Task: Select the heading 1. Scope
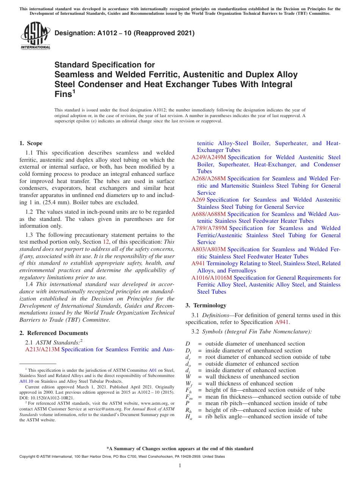31,143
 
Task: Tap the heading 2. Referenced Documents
53,333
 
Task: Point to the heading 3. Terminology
206,305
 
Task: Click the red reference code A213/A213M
42,349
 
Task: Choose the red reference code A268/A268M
208,178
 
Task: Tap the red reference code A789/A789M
208,228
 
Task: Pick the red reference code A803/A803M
208,249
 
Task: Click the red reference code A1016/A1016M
211,278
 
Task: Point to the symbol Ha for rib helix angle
188,417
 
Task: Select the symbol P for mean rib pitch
187,403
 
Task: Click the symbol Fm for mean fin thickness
188,397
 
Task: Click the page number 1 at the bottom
180,466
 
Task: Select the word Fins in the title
63,94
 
